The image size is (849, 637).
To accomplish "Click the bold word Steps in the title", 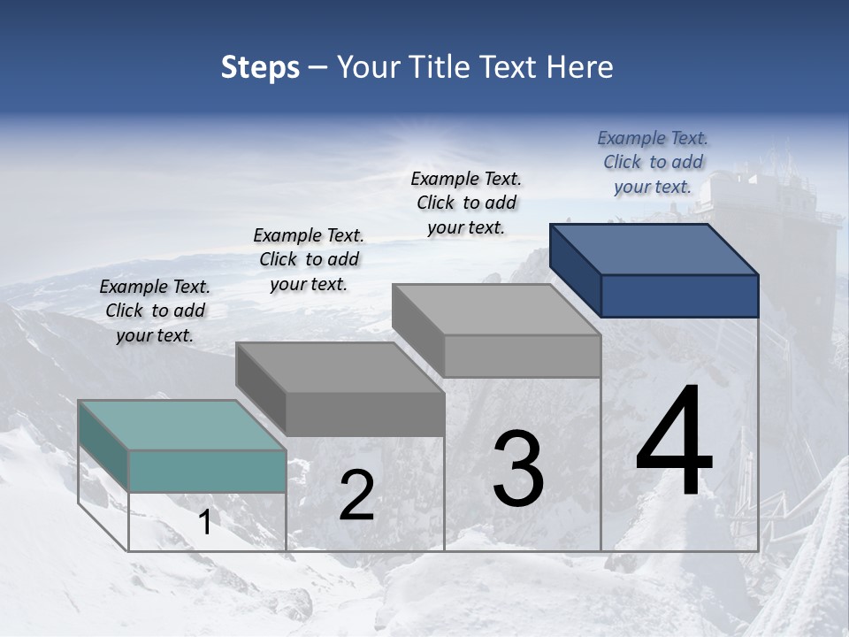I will click(x=260, y=67).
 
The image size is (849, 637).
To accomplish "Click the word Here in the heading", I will click(x=579, y=67).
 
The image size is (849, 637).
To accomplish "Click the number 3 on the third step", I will click(x=517, y=469).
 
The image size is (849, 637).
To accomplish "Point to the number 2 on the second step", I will click(x=356, y=495).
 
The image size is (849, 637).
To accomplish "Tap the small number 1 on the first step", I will click(x=204, y=523).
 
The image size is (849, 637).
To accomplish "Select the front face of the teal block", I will click(x=207, y=471).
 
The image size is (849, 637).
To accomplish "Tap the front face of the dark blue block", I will click(x=679, y=295).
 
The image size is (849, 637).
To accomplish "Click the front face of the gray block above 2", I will click(x=364, y=414).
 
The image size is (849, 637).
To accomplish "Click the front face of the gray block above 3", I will click(x=522, y=356).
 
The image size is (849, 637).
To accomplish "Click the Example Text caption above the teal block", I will click(x=155, y=311).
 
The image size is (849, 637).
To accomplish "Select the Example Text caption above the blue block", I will click(x=653, y=162).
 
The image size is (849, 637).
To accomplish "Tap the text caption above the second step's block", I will click(x=309, y=259).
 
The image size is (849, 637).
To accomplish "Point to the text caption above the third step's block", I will click(x=466, y=203).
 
